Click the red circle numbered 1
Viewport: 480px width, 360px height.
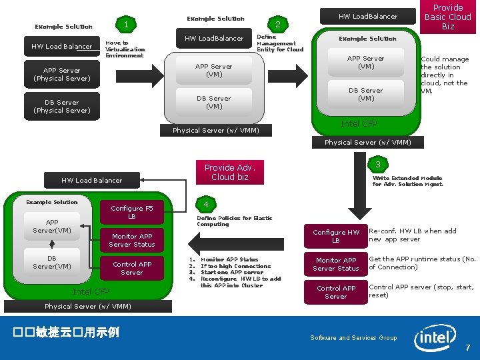[x=126, y=25]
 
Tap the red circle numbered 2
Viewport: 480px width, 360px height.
[x=278, y=25]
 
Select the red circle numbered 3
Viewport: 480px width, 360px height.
[x=377, y=164]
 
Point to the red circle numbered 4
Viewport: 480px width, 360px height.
[x=207, y=203]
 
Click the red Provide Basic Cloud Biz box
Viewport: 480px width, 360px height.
[x=448, y=17]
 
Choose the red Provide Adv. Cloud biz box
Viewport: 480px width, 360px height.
[x=230, y=172]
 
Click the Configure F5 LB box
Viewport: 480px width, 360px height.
[x=132, y=212]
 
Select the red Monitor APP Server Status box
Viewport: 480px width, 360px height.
[x=132, y=240]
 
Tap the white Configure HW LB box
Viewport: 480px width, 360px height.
[x=336, y=236]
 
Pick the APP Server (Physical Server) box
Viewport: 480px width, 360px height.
[x=62, y=74]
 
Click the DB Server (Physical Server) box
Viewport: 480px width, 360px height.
[x=62, y=107]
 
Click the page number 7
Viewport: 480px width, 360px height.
[x=468, y=347]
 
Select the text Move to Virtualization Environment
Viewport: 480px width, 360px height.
[x=125, y=49]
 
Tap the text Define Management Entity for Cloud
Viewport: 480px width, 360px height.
[x=280, y=43]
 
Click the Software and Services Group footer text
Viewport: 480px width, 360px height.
[x=353, y=338]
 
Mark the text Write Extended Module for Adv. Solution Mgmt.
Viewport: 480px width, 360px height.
[x=407, y=181]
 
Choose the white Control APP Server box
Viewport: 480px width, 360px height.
[x=336, y=292]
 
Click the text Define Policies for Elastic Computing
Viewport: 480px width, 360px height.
[x=234, y=221]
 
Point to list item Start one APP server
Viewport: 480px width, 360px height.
[x=231, y=272]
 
